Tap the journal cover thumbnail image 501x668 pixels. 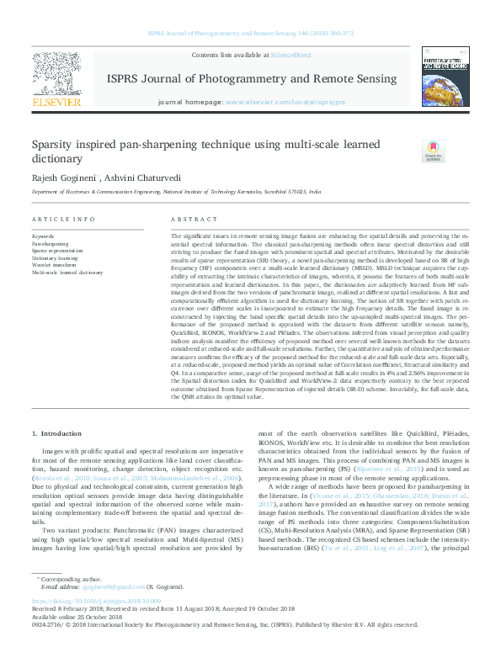[445, 77]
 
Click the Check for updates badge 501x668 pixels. [433, 151]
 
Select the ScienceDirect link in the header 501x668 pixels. [290, 55]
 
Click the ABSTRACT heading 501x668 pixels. [188, 220]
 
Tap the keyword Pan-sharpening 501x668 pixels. [51, 244]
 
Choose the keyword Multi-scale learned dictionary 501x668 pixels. [67, 273]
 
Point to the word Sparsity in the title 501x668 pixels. [56, 145]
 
